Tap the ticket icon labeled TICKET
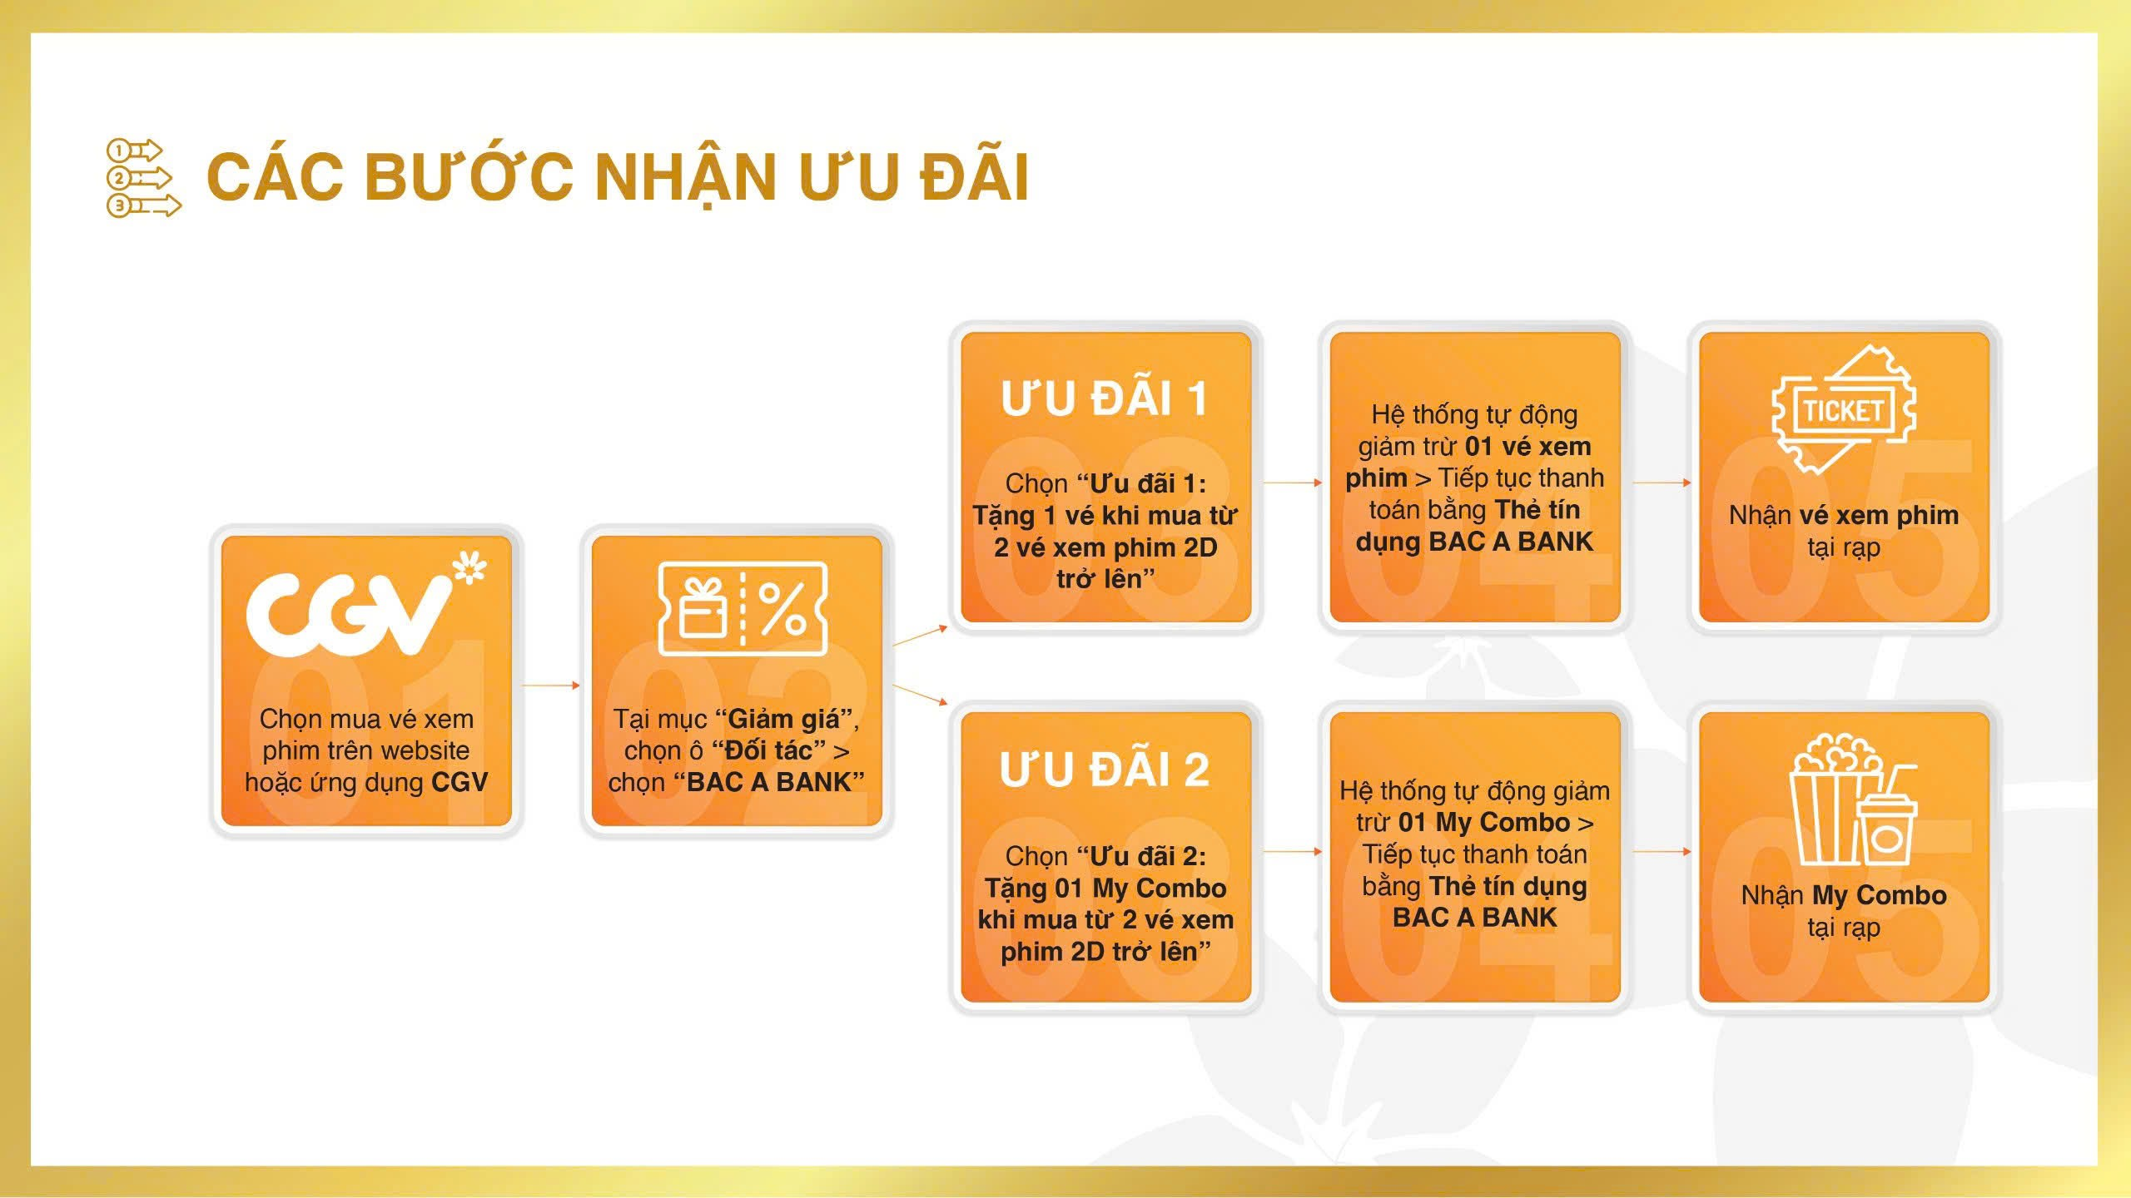(x=1843, y=410)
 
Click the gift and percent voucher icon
(x=743, y=609)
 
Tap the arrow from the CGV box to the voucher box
(x=551, y=686)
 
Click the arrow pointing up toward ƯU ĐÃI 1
(x=920, y=636)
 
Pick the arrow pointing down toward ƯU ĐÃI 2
(x=920, y=696)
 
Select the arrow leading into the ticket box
(x=1662, y=483)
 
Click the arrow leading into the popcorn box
(x=1662, y=852)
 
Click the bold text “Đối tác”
(x=769, y=750)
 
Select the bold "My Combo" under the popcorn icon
(x=1879, y=895)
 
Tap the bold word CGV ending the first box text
(x=459, y=782)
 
